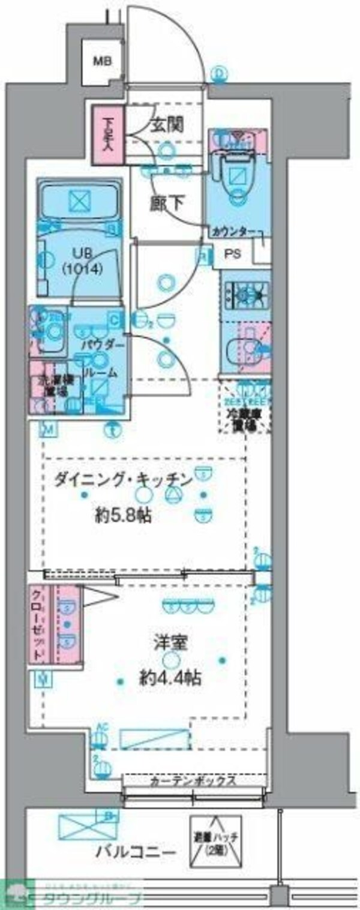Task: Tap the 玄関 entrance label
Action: click(x=166, y=126)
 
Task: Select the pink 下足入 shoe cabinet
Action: click(x=108, y=134)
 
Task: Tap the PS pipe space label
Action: click(x=233, y=253)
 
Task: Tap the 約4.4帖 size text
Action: click(x=170, y=679)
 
